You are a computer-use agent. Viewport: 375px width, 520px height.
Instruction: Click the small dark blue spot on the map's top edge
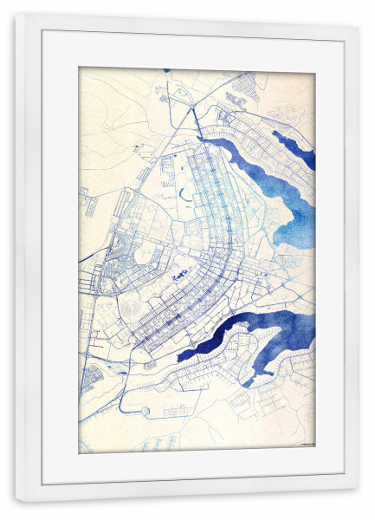[166, 71]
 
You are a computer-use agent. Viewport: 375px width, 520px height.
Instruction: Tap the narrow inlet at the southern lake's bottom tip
[248, 380]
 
